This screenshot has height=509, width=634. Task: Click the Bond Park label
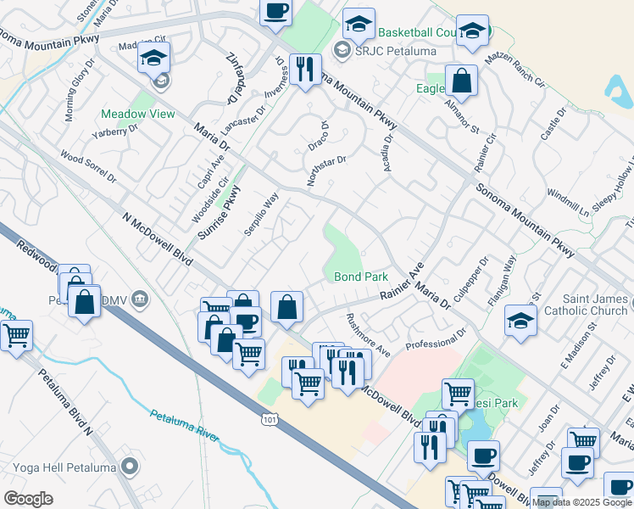[360, 277]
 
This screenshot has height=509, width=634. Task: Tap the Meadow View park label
[138, 114]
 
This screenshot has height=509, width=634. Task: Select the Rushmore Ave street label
[368, 335]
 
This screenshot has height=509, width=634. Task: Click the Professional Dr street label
[437, 341]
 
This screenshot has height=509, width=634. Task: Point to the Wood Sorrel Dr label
[88, 167]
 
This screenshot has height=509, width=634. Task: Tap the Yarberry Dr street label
[114, 137]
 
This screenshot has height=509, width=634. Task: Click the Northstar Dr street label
[326, 171]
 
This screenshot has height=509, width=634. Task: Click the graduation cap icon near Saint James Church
[520, 320]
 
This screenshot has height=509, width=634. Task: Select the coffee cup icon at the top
[275, 12]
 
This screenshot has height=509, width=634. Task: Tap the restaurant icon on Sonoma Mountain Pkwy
[303, 67]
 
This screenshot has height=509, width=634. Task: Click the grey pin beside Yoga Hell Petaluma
[129, 466]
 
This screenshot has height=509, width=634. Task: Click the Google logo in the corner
[29, 499]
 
